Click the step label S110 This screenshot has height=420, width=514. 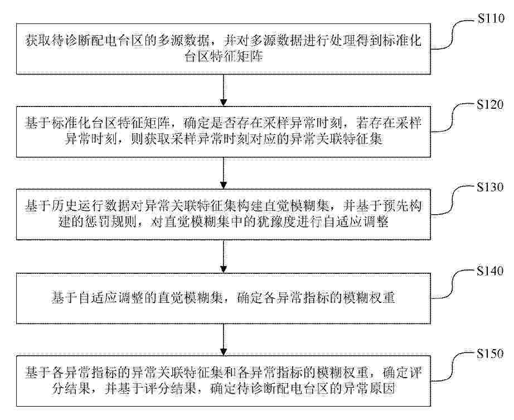click(491, 18)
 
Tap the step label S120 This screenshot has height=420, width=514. click(490, 105)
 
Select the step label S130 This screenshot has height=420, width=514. click(490, 187)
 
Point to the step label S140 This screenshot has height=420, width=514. click(490, 271)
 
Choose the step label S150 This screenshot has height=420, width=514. click(490, 354)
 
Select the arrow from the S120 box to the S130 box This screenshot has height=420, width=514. click(224, 173)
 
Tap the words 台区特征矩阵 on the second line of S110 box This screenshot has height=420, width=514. click(224, 57)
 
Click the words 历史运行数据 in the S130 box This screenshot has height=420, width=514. click(91, 206)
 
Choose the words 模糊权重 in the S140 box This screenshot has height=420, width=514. click(369, 298)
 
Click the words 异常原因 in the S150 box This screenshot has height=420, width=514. click(369, 389)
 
